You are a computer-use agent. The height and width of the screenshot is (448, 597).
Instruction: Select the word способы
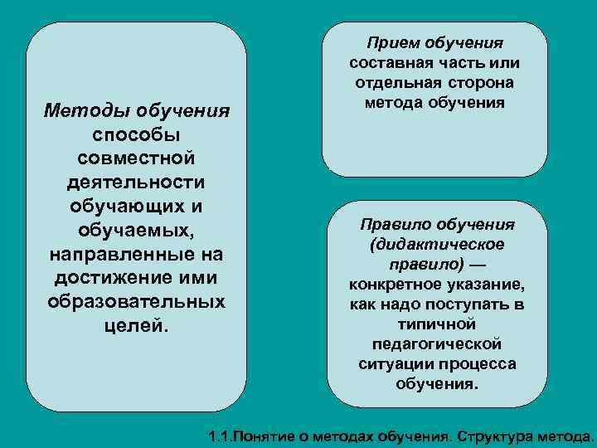click(137, 134)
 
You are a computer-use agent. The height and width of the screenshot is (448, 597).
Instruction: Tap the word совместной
click(137, 157)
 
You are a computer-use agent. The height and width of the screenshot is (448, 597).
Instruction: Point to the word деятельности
click(137, 180)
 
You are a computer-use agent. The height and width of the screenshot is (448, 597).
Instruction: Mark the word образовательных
click(137, 298)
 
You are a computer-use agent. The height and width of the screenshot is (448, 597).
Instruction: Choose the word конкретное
click(397, 285)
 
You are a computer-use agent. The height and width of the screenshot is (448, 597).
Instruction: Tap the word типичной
click(438, 324)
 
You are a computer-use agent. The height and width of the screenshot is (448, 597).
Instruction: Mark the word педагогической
click(438, 344)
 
